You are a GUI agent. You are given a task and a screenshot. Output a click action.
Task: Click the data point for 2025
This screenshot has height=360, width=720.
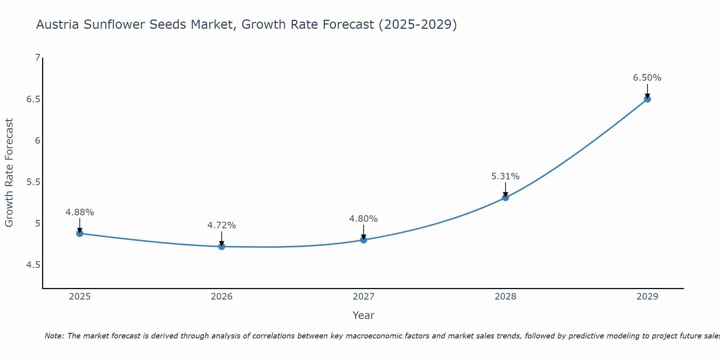(x=80, y=233)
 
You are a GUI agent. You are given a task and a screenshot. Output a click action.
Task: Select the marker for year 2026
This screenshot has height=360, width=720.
(x=221, y=247)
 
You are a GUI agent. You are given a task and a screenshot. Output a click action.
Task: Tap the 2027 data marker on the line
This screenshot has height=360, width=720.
(x=363, y=240)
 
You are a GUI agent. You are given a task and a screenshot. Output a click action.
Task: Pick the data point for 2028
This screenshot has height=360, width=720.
(x=505, y=197)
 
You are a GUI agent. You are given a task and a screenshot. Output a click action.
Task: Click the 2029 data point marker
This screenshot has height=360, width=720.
(x=647, y=99)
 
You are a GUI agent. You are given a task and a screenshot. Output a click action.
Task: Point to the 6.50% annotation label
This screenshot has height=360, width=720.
(x=647, y=78)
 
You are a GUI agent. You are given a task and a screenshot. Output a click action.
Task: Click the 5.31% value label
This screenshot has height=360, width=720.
(x=505, y=176)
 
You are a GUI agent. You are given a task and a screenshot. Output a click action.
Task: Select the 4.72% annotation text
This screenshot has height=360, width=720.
(x=221, y=225)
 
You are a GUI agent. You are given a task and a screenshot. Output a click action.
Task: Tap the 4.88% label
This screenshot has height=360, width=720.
(x=80, y=212)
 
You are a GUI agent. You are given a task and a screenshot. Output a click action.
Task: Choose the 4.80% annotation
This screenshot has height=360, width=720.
(x=363, y=219)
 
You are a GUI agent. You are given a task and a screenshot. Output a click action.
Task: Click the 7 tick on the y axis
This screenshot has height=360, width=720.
(x=37, y=58)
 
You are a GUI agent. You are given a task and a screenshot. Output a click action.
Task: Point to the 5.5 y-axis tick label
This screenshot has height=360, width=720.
(x=33, y=182)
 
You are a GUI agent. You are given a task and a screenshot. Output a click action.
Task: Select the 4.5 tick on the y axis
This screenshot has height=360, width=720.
(x=33, y=265)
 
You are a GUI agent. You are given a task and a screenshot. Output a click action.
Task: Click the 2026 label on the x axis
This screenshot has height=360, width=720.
(x=221, y=297)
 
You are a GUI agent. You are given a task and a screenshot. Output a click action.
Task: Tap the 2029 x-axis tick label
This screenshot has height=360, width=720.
(x=647, y=297)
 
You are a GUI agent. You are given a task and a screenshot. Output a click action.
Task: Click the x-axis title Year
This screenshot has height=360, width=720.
(x=363, y=315)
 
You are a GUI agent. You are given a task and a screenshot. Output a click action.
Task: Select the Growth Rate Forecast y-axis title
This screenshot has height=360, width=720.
(x=9, y=173)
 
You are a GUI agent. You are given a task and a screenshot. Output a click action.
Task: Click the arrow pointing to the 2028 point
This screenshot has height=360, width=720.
(x=505, y=189)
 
